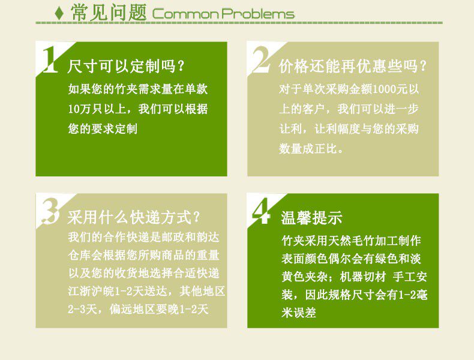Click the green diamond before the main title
coord(59,13)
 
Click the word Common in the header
coord(185,14)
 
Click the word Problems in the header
coord(258,14)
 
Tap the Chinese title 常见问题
coord(109,13)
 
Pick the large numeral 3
coord(50,211)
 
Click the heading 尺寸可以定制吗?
coord(126,66)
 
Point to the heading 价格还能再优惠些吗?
coord(352,66)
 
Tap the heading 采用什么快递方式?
coord(134,217)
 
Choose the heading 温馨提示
coord(311,217)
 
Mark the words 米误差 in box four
coord(299,313)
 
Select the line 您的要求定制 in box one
coord(103,129)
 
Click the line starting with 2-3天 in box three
coord(138,309)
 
